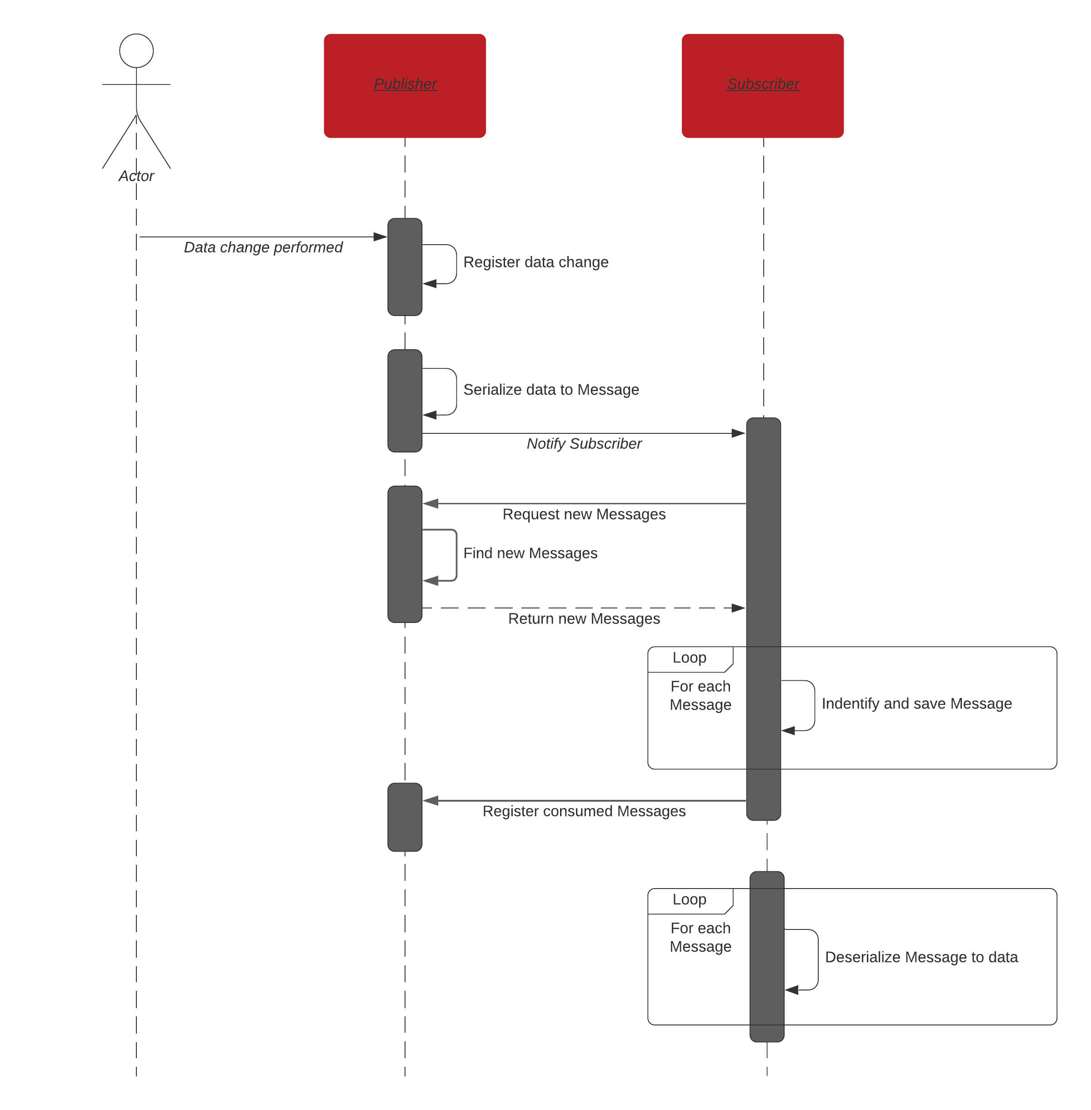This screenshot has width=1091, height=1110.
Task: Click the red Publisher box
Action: [x=405, y=86]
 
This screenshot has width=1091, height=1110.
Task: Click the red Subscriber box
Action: [x=763, y=86]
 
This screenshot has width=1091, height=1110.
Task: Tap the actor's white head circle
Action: [x=136, y=50]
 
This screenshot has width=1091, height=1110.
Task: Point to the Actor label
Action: [x=136, y=176]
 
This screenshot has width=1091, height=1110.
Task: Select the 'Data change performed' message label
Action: [x=263, y=247]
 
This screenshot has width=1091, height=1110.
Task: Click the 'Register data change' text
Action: [x=536, y=262]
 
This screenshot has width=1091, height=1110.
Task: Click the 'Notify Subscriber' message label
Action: [x=584, y=443]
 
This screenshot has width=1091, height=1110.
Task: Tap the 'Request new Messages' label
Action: [x=584, y=514]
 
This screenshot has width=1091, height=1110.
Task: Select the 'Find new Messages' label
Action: [x=530, y=553]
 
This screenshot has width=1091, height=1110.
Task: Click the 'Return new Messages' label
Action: [x=584, y=619]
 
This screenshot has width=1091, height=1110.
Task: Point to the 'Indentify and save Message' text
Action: [x=916, y=704]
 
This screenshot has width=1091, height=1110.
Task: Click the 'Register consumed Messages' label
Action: [x=584, y=811]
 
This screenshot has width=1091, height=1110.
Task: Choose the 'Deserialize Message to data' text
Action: [x=921, y=957]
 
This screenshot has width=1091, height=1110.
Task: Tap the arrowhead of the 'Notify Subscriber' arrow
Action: [x=739, y=433]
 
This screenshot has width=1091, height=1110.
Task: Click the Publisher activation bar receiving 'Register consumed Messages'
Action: [x=405, y=817]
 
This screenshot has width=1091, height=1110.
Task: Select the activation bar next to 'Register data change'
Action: [x=405, y=267]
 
